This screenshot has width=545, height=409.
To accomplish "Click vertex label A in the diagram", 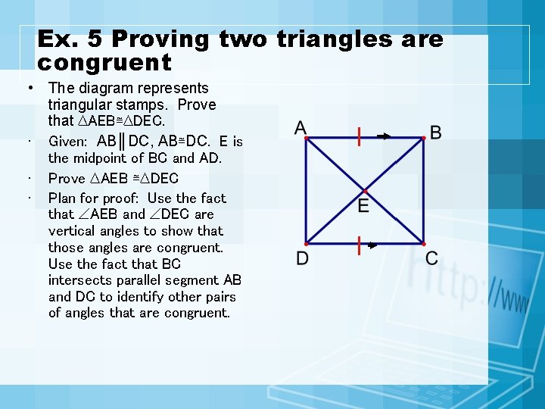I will [301, 128].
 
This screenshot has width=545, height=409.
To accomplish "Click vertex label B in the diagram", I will [436, 133].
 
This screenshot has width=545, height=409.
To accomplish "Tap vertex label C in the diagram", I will [431, 258].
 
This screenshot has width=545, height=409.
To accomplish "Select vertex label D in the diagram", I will [302, 259].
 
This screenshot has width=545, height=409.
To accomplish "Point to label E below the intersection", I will [363, 206].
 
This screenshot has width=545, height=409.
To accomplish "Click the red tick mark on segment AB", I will [359, 136].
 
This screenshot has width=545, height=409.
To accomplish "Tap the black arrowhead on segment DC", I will [372, 245].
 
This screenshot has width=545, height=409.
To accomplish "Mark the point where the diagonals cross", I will [364, 190].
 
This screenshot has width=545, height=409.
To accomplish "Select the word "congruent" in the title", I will [104, 62].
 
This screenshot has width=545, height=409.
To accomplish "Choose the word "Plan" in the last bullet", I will [62, 198].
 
